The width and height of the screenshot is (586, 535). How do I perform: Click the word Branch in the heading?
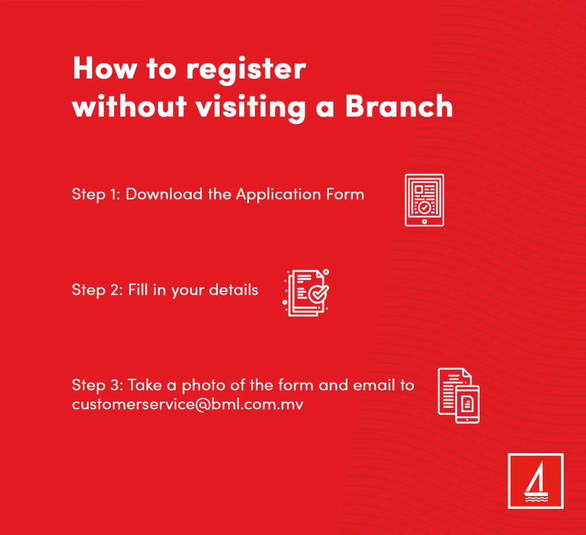tap(399, 106)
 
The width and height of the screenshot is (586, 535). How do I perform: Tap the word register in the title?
tap(246, 71)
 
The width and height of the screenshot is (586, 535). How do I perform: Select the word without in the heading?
tap(129, 106)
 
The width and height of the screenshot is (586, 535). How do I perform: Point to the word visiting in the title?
tap(251, 108)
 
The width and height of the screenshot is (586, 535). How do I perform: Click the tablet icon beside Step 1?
tap(424, 200)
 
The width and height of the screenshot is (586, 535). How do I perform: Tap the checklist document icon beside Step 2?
tap(306, 292)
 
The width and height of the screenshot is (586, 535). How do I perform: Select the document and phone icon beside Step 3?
tap(458, 395)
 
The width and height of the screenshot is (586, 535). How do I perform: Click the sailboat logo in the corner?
tap(536, 481)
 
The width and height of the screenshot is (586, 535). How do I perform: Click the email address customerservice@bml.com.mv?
tap(188, 405)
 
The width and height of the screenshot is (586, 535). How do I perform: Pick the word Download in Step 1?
tap(164, 194)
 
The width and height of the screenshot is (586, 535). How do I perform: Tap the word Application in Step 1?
tap(279, 195)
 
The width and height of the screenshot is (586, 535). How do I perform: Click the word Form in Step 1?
tap(345, 195)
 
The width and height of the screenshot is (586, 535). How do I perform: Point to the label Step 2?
tap(97, 290)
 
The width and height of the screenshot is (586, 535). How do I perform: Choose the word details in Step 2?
tap(233, 290)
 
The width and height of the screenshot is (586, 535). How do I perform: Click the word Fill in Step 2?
tap(138, 290)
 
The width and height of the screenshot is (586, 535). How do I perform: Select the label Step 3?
tap(97, 386)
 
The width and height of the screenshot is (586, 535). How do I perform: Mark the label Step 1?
tap(96, 195)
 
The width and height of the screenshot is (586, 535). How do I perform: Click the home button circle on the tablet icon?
tap(425, 221)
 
